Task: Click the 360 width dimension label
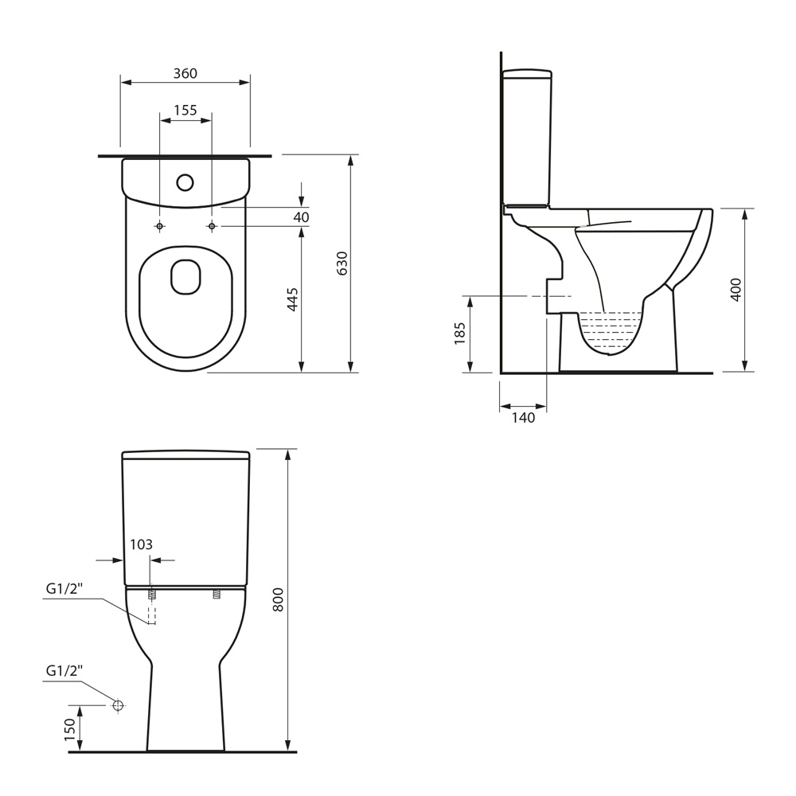185,73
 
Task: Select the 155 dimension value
185,110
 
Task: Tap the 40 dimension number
301,217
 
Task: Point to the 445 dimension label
292,299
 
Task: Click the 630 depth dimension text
342,263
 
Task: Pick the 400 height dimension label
736,290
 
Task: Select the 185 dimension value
460,333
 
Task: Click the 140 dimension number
524,417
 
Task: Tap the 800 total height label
278,599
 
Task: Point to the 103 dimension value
141,544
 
